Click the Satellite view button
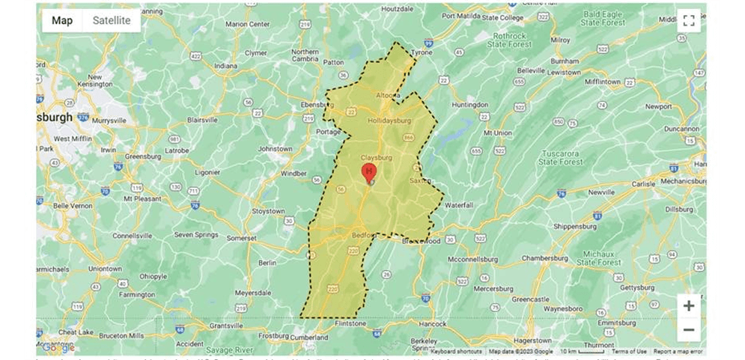tap(111, 20)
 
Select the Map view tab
tap(62, 20)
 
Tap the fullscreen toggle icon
tap(689, 21)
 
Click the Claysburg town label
tap(376, 158)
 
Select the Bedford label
tap(363, 235)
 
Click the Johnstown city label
tap(275, 149)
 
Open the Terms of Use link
tap(629, 351)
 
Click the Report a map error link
tap(678, 351)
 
